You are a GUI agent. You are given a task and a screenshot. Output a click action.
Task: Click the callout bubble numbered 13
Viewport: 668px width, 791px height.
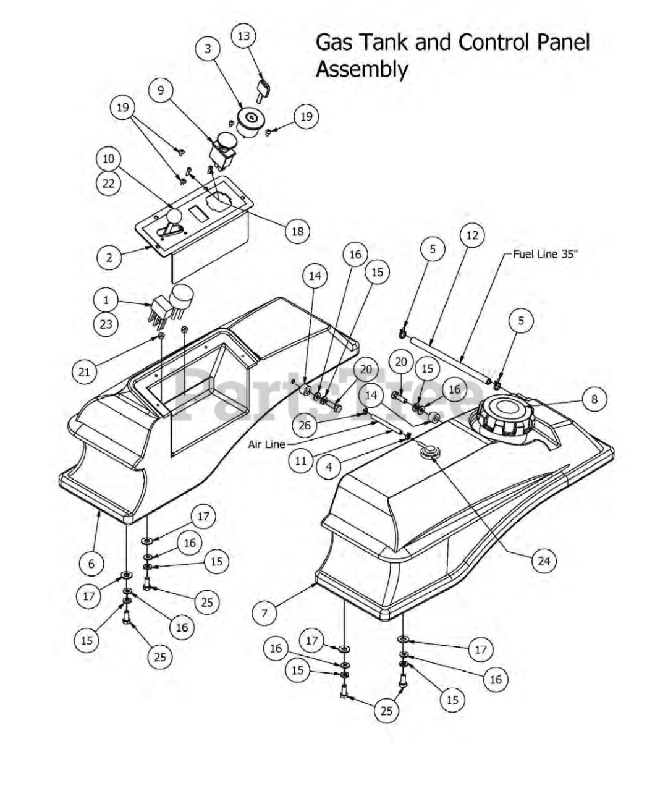243,36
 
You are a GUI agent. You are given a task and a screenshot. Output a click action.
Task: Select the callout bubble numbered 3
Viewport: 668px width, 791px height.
208,49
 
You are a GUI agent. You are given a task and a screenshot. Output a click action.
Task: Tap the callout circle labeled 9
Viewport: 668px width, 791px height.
161,90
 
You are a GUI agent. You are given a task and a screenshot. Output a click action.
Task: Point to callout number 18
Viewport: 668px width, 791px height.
297,231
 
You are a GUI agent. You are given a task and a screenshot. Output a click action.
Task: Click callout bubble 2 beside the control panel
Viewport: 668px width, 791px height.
109,257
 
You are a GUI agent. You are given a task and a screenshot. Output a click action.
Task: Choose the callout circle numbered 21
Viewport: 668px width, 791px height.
84,371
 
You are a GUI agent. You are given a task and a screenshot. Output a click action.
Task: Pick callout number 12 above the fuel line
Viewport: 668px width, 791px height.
472,235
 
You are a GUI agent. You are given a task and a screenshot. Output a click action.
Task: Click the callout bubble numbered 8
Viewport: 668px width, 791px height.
594,399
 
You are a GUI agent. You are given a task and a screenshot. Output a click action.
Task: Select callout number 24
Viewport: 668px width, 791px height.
544,560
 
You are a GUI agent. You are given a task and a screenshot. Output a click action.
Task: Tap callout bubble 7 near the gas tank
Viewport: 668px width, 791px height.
265,612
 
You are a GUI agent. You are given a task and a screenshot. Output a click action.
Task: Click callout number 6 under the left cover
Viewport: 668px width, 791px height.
92,563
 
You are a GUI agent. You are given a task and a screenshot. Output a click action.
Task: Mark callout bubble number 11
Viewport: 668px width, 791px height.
301,460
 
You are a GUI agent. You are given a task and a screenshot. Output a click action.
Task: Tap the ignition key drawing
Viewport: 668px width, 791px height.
262,88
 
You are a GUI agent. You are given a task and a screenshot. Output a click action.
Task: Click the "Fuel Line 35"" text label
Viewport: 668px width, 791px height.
545,254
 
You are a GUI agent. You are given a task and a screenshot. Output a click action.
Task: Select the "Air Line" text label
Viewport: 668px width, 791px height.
266,444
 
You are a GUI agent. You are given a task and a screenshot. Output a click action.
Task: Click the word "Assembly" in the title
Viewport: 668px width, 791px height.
361,69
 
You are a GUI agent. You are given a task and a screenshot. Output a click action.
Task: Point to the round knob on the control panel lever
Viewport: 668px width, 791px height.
174,217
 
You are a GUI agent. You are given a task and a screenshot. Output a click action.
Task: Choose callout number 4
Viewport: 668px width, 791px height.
329,467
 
